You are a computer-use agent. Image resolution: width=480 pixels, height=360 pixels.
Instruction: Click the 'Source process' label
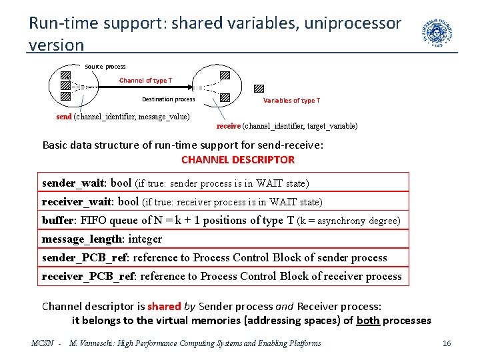[105, 67]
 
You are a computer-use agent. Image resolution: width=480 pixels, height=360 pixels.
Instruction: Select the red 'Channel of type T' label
[145, 81]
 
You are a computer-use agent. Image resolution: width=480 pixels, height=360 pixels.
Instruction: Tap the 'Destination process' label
[168, 99]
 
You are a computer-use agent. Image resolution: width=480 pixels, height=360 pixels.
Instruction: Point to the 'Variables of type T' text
[291, 101]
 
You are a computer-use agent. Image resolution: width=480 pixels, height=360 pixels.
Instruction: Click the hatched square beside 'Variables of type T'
[259, 88]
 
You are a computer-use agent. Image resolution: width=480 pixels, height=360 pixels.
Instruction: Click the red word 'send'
[64, 117]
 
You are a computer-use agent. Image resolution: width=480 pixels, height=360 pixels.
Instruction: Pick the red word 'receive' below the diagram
[229, 126]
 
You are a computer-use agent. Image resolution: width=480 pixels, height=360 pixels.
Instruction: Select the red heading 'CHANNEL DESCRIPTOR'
[238, 160]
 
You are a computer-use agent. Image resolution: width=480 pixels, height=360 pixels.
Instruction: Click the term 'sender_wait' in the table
[73, 183]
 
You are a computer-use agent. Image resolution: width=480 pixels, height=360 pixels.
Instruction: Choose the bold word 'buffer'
[59, 220]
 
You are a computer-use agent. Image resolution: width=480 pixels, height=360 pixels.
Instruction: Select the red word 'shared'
[164, 307]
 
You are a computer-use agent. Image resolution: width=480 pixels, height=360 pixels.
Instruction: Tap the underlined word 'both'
[368, 320]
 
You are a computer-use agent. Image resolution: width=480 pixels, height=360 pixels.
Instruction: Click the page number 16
[447, 343]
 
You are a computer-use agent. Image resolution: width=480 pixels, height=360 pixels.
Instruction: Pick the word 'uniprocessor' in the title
[351, 23]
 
